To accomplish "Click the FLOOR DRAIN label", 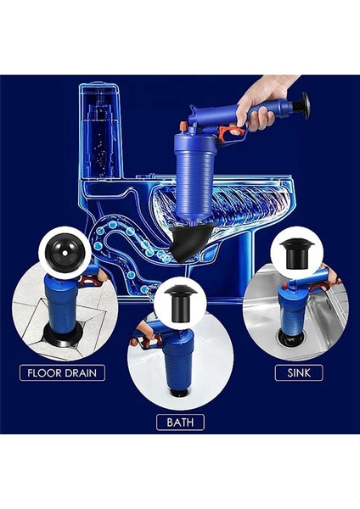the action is pyautogui.click(x=62, y=372).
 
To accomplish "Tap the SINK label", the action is pyautogui.click(x=299, y=372).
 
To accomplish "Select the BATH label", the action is pyautogui.click(x=180, y=422).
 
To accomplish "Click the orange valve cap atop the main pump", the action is pyautogui.click(x=184, y=126).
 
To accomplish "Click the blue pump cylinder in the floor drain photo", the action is pyautogui.click(x=63, y=301).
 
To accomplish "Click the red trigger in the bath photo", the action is pyautogui.click(x=149, y=340).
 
